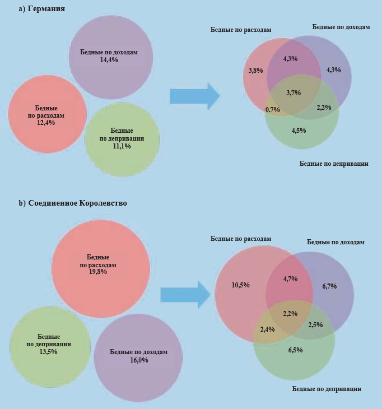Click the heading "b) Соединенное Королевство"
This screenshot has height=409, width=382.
coord(73,203)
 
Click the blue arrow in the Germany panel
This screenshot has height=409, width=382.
coord(194,96)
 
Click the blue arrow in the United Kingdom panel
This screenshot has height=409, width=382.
coord(185,294)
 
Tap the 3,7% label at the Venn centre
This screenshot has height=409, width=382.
coord(294,92)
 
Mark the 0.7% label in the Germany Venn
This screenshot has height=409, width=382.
coord(273,110)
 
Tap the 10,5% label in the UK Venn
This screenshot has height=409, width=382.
coord(240,285)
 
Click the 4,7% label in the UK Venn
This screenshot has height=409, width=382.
coord(290,278)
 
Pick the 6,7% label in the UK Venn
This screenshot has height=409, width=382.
coord(329,286)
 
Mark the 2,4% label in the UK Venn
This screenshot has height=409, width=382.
coord(267,329)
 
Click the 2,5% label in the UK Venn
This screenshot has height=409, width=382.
coord(315,324)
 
